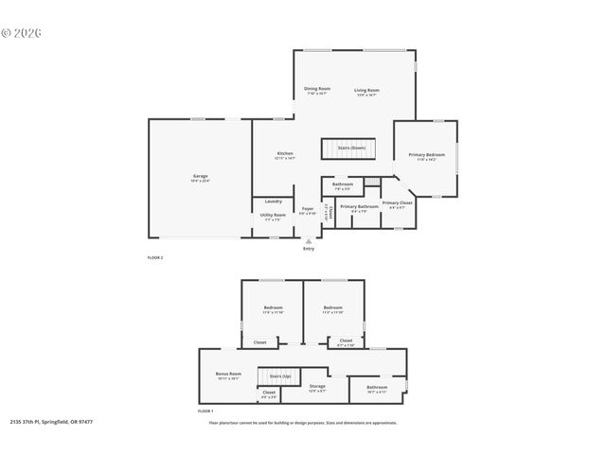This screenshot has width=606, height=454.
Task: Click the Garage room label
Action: tap(200, 176)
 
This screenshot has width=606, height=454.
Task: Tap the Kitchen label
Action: tap(285, 153)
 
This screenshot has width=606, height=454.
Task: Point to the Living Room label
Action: tap(366, 91)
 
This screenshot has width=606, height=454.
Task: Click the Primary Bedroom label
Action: tap(426, 155)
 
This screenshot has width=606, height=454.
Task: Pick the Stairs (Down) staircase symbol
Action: tap(349, 150)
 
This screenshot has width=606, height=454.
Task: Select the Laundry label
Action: tap(273, 201)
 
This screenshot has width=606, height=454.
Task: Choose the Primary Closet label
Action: tap(398, 202)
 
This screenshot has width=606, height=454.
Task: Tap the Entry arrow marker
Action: tap(309, 242)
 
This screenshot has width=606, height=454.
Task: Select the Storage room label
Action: tap(317, 386)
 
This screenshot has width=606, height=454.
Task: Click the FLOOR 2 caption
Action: tap(155, 257)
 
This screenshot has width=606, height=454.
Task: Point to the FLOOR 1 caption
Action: tap(205, 411)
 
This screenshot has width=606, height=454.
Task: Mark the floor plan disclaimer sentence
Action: tap(303, 423)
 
